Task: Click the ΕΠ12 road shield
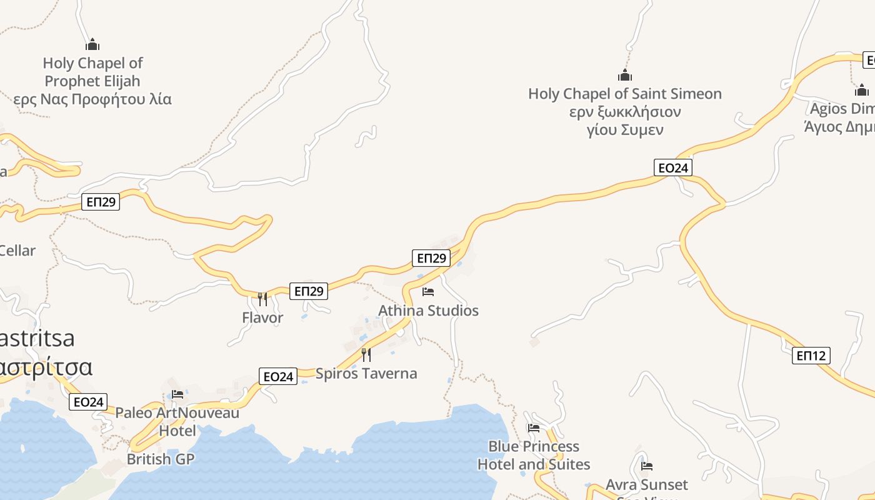click(x=811, y=356)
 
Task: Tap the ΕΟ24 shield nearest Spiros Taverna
click(x=278, y=376)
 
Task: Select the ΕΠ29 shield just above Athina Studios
click(x=431, y=258)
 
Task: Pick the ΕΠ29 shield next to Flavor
click(x=309, y=291)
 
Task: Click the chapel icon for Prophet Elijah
click(x=92, y=45)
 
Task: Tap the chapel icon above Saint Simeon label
click(x=624, y=76)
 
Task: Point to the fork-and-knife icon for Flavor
click(x=262, y=299)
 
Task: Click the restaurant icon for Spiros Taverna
click(x=366, y=355)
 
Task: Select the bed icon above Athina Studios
click(x=428, y=292)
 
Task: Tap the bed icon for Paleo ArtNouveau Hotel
click(x=177, y=394)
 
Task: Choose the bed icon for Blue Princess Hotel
click(x=533, y=428)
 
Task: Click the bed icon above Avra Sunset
click(x=647, y=466)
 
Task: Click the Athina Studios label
click(x=428, y=311)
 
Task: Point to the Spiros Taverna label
click(x=366, y=374)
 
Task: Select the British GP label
click(x=161, y=459)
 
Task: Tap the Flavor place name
click(x=262, y=317)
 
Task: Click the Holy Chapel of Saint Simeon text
click(x=624, y=94)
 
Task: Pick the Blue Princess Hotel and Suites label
click(x=534, y=455)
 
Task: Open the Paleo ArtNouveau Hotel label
click(x=177, y=422)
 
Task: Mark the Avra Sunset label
click(x=646, y=485)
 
